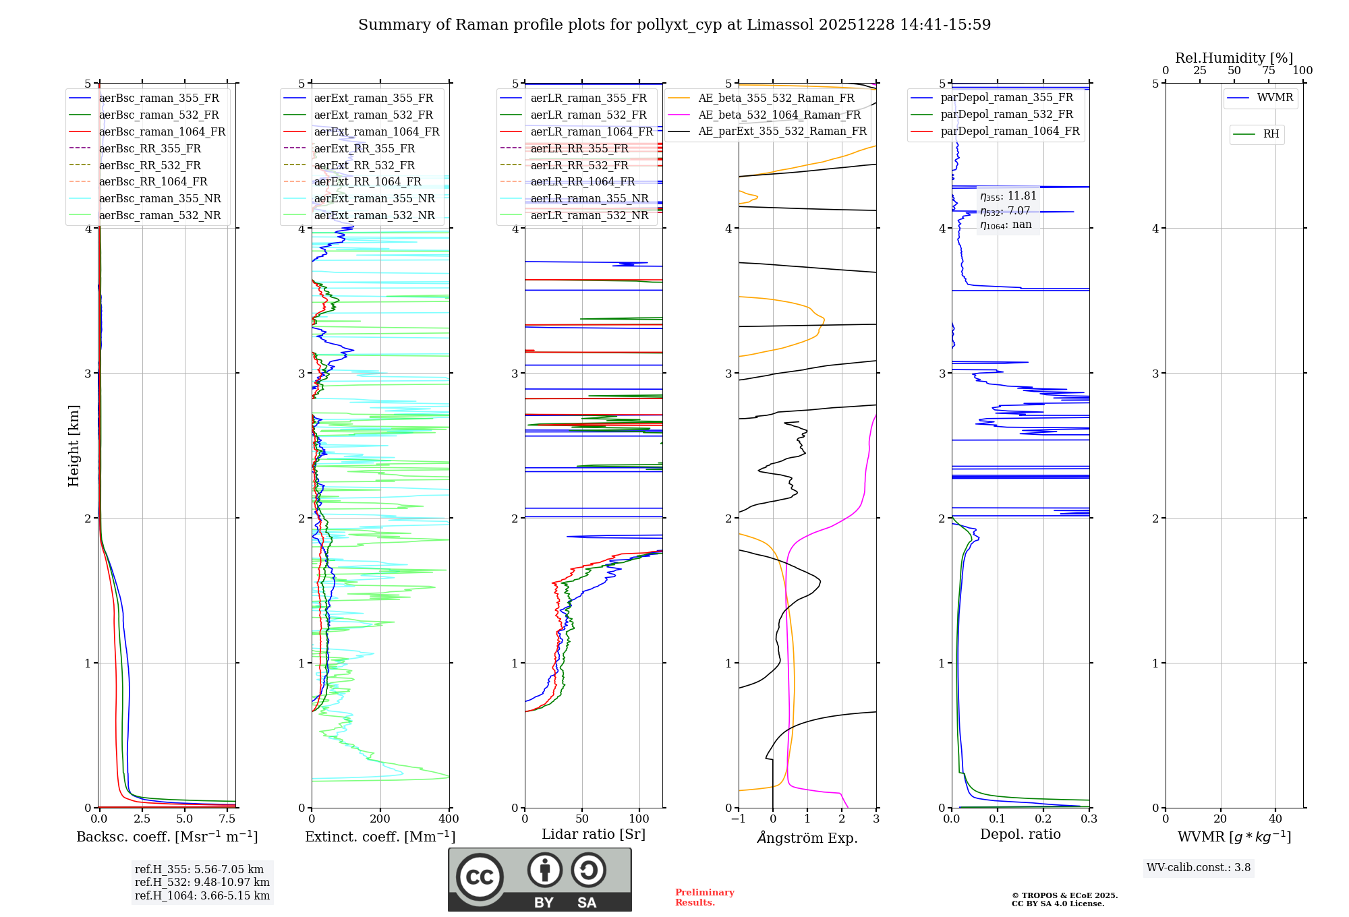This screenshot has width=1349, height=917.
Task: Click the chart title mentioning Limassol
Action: click(674, 25)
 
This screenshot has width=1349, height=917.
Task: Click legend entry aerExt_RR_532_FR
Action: click(364, 165)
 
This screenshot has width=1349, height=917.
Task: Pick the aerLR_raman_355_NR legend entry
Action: click(589, 198)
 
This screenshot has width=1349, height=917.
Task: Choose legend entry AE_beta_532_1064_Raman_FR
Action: click(779, 115)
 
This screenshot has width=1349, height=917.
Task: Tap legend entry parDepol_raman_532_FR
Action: click(1006, 114)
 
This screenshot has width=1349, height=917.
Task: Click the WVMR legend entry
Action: click(1275, 98)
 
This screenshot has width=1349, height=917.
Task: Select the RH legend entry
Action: click(1271, 134)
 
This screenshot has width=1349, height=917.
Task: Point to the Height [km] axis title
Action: click(74, 446)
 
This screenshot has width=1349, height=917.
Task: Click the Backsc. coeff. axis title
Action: click(167, 837)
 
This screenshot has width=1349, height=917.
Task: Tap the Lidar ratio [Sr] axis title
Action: click(593, 834)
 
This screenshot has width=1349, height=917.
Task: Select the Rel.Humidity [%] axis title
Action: click(1234, 58)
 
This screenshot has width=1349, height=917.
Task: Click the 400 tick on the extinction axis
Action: click(449, 819)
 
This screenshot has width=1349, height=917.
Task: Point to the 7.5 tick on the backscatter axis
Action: click(227, 819)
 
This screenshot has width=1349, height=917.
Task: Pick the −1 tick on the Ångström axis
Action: click(738, 819)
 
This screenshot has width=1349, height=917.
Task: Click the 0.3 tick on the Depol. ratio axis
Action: click(1089, 819)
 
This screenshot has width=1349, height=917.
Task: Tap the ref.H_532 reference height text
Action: click(202, 882)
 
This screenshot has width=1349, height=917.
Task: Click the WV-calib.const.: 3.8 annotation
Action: click(1198, 868)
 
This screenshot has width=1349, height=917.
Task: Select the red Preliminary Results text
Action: click(704, 897)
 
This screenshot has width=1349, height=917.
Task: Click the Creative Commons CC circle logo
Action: click(480, 877)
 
